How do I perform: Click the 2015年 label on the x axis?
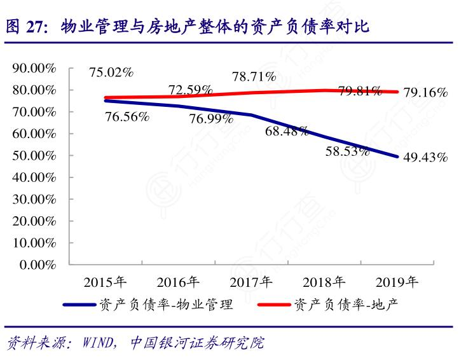pyautogui.click(x=106, y=281)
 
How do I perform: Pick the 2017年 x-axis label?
pyautogui.click(x=251, y=281)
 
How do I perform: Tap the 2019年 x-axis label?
pyautogui.click(x=397, y=281)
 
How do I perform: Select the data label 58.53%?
pyautogui.click(x=348, y=151)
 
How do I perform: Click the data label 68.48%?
pyautogui.click(x=287, y=131)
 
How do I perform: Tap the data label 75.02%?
pyautogui.click(x=111, y=73)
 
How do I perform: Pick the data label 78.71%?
pyautogui.click(x=254, y=77)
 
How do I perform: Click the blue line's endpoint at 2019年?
pyautogui.click(x=398, y=156)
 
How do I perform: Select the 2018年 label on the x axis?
pyautogui.click(x=324, y=281)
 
